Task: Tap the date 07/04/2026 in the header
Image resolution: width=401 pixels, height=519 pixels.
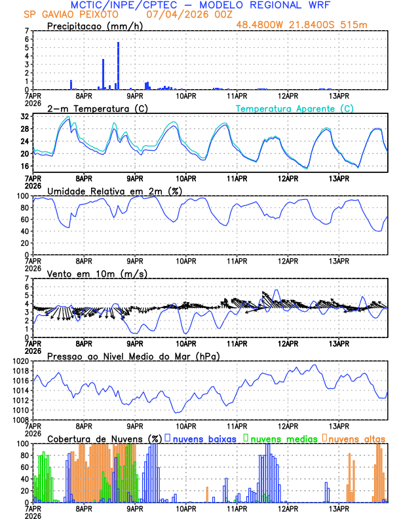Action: point(172,14)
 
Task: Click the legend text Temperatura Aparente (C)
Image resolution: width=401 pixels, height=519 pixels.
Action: point(294,108)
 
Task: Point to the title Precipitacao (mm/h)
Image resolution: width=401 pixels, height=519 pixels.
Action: point(94,26)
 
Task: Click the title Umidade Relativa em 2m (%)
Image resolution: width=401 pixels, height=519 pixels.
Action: point(114,191)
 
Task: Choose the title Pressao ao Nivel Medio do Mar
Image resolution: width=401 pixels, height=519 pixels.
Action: point(133,356)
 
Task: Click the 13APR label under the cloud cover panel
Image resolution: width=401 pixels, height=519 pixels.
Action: point(338,508)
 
